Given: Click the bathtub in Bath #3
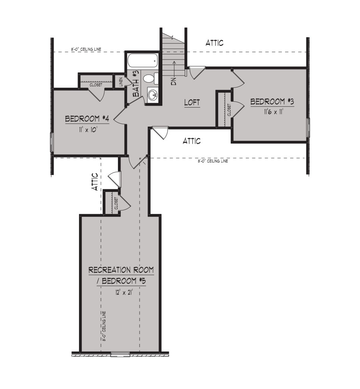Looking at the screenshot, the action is point(143,61).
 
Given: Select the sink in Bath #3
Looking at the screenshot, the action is point(152,95).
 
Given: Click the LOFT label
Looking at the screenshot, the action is point(192,102).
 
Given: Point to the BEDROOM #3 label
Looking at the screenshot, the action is point(272,102).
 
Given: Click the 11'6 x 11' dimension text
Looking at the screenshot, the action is point(274,112).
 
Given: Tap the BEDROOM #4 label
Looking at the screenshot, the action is point(87,119).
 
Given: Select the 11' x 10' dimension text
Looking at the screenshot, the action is point(87,130).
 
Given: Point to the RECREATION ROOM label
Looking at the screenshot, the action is point(121,270).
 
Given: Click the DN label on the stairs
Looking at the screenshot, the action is point(174,81).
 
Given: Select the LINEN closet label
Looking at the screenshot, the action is point(120,82).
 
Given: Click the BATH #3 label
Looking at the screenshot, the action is point(136,84).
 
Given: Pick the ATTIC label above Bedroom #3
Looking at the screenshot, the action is point(215,43).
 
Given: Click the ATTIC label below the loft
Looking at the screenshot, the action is point(192,141).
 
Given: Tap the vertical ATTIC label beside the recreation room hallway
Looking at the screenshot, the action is point(95,182).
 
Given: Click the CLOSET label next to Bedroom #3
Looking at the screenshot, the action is point(229,110).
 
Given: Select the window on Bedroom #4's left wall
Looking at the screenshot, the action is point(52,142).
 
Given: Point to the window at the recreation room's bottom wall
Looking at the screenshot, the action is point(120,354).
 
